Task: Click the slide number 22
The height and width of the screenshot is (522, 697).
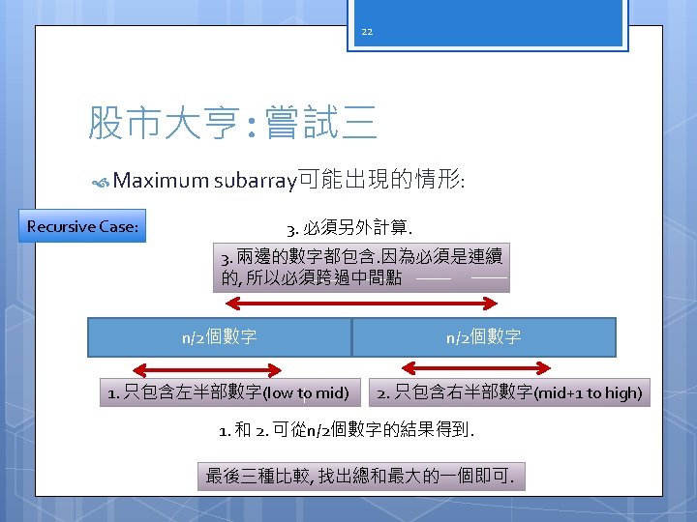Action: pos(367,31)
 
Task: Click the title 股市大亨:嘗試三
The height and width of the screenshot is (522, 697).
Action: pos(232,123)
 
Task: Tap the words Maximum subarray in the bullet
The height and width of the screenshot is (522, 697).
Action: pos(204,180)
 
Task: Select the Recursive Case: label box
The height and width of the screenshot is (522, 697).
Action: pos(83,227)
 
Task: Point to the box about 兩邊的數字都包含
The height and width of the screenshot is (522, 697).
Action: pos(362,268)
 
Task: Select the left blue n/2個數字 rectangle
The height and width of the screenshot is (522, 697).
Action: pos(220,337)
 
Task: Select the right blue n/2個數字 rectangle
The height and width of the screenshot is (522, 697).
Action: pos(484,337)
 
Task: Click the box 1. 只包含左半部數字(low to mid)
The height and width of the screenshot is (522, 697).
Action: pos(227,393)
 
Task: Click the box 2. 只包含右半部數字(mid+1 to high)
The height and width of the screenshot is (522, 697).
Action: pos(509,393)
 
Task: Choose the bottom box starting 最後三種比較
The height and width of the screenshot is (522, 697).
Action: pos(361,476)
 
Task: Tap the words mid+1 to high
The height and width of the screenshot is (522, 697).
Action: pos(591,393)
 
